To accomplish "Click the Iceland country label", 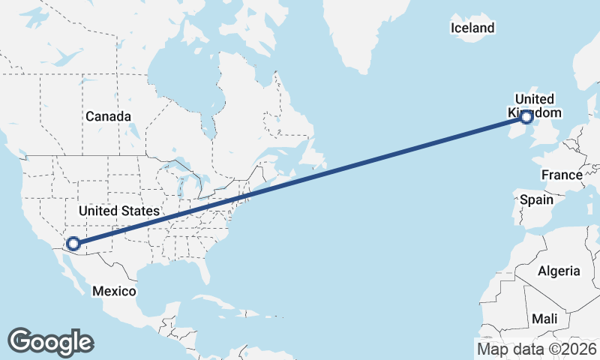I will point(472,28).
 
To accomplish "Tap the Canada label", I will point(108,116).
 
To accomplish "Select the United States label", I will point(119,211).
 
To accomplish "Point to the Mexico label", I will point(114,291).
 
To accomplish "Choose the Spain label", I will point(536,199).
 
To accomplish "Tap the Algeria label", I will point(559,271).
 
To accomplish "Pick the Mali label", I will point(544,319).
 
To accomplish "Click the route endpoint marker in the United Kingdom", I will point(526,116).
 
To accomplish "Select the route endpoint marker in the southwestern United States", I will point(73,243).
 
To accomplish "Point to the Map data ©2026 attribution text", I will point(537,349).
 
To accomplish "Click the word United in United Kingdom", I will point(535,99).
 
